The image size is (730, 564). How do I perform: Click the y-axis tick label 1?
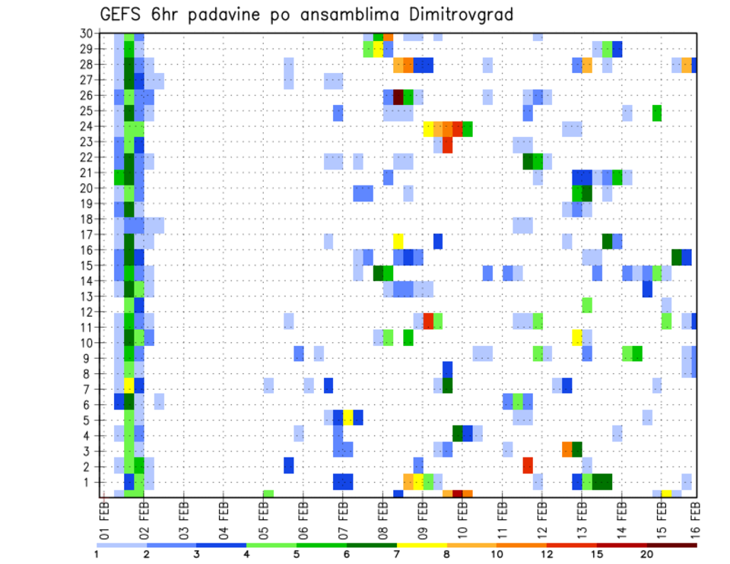pyautogui.click(x=88, y=481)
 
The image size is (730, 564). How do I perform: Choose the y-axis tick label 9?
pyautogui.click(x=88, y=357)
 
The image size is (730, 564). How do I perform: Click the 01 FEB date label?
pyautogui.click(x=104, y=516)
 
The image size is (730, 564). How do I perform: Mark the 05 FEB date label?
pyautogui.click(x=263, y=516)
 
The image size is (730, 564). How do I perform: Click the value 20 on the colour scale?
pyautogui.click(x=647, y=554)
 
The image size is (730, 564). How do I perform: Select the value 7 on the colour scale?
pyautogui.click(x=397, y=554)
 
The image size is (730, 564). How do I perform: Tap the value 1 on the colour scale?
pyautogui.click(x=97, y=554)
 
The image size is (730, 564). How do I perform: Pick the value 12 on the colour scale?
pyautogui.click(x=547, y=554)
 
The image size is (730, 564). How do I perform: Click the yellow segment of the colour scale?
pyautogui.click(x=421, y=544)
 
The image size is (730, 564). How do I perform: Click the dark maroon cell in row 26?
pyautogui.click(x=398, y=97)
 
